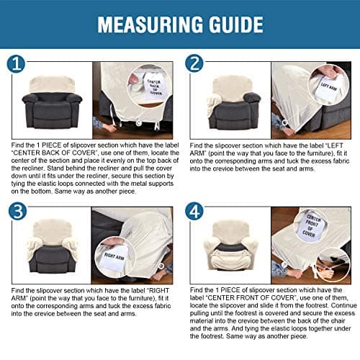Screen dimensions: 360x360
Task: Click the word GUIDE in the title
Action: pyautogui.click(x=236, y=24)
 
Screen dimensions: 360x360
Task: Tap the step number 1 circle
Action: pyautogui.click(x=16, y=64)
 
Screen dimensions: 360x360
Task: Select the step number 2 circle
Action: pyautogui.click(x=194, y=63)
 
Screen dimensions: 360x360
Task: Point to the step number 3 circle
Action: pyautogui.click(x=17, y=211)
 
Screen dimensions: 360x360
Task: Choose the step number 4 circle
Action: pyautogui.click(x=194, y=211)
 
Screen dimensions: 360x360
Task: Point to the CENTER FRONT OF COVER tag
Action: pyautogui.click(x=310, y=226)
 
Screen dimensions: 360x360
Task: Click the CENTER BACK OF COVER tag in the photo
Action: pyautogui.click(x=155, y=87)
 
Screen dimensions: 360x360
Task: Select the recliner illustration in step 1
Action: pyautogui.click(x=52, y=103)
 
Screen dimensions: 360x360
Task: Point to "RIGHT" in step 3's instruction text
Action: pyautogui.click(x=159, y=291)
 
